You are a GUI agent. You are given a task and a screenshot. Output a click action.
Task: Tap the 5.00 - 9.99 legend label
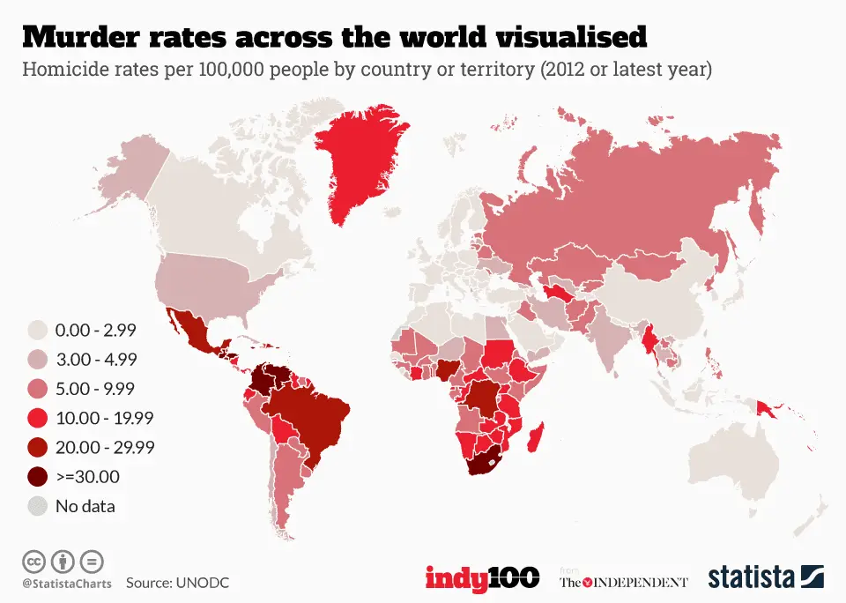tap(94, 389)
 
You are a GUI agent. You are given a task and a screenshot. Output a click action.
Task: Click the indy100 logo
tap(482, 578)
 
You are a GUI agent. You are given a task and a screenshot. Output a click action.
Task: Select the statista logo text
tap(751, 578)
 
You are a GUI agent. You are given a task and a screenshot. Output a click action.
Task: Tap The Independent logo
tap(624, 581)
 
